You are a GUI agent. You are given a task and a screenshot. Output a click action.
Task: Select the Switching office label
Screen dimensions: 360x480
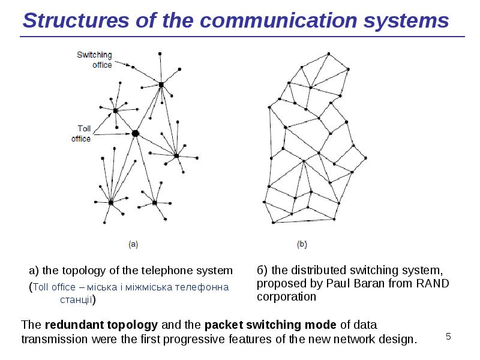coord(94,60)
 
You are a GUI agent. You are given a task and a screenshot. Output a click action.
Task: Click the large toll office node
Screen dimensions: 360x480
coord(135,133)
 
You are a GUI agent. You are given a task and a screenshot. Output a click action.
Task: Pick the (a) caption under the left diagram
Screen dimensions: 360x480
coord(133,244)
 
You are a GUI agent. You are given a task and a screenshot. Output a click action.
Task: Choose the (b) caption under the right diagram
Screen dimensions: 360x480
coord(302,244)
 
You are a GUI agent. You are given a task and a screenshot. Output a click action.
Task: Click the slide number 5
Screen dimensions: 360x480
coord(448,337)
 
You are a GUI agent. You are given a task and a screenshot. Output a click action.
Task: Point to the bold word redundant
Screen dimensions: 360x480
coord(71,325)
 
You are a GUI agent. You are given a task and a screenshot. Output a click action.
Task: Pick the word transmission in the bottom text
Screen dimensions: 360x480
coord(50,340)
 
